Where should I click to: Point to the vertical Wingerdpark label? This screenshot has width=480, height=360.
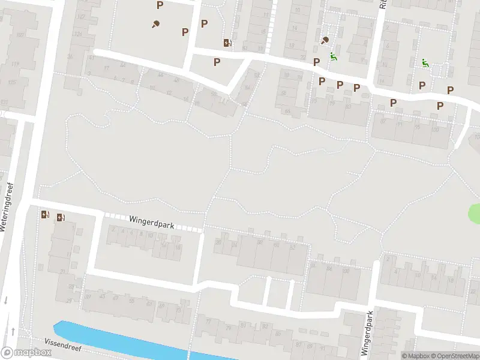[367, 334]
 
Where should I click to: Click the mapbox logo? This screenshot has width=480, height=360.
[26, 353]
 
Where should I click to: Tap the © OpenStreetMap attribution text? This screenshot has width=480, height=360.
[455, 356]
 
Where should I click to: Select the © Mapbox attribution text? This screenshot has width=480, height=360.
[416, 356]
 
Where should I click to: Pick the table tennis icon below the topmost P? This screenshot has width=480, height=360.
[155, 24]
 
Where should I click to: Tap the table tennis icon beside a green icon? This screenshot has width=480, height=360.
[325, 41]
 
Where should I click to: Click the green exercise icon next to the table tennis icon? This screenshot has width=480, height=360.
[334, 58]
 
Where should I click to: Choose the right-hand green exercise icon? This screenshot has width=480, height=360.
[425, 63]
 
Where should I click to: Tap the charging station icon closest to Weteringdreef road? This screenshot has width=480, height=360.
[45, 214]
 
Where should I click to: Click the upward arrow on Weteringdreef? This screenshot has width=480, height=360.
[12, 331]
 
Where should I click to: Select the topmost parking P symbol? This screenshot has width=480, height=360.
[160, 5]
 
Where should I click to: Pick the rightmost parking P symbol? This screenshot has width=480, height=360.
[450, 90]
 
